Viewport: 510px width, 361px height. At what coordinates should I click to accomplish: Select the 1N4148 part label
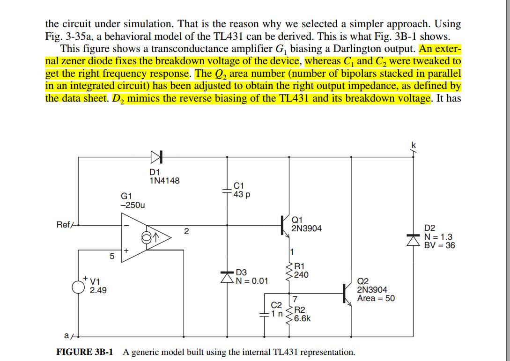point(164,181)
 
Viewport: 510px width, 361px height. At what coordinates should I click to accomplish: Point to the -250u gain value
point(133,205)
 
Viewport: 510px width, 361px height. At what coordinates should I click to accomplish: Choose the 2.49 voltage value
point(98,291)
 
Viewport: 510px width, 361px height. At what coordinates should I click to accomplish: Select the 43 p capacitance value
point(242,194)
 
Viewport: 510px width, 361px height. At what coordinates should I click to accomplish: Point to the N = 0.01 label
point(252,281)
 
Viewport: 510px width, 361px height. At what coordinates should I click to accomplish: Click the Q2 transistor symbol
point(347,293)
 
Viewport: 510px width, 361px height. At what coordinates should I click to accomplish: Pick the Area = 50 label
point(376,298)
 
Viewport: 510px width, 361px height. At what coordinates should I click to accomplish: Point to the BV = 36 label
point(439,245)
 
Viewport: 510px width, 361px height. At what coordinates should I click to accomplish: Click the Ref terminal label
point(63,225)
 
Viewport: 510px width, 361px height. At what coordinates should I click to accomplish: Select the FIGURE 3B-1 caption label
point(85,352)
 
